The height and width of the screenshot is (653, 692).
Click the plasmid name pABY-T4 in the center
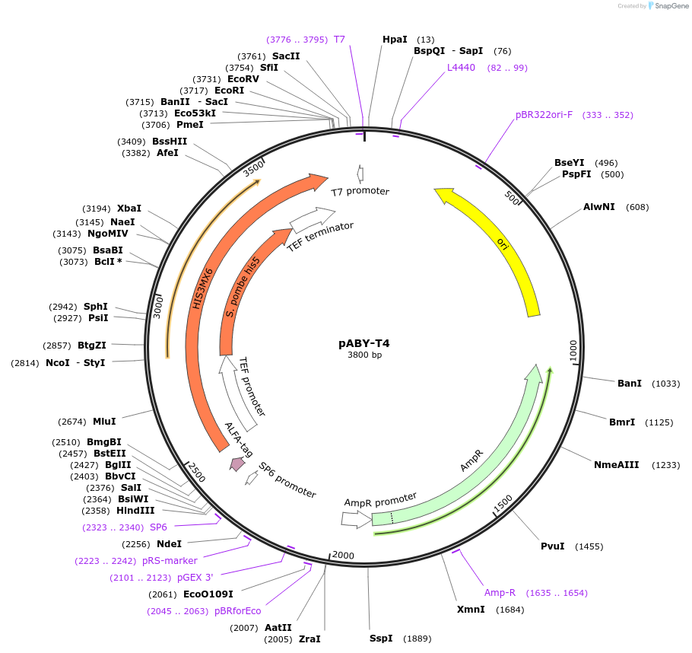tap(363, 343)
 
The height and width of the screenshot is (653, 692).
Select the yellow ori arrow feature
tap(503, 244)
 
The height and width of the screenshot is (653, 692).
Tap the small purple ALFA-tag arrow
tap(238, 463)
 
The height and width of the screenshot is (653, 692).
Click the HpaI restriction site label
tap(395, 39)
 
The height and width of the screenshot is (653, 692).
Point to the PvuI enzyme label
tap(552, 546)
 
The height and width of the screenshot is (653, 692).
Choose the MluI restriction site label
tap(104, 421)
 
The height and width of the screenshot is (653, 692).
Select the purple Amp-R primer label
tap(500, 592)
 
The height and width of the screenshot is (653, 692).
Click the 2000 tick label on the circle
tap(344, 555)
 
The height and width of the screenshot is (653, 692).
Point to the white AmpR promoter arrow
tap(351, 519)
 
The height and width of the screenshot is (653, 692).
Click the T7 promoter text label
tap(360, 191)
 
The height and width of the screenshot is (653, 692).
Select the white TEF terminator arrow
tap(312, 220)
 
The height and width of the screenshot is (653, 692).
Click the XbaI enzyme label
tap(129, 208)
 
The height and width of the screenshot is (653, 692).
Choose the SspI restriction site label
tap(381, 638)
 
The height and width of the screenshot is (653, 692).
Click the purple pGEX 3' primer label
tap(195, 577)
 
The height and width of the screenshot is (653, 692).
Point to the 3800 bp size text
tap(364, 355)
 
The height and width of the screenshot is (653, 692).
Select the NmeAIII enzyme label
tap(616, 464)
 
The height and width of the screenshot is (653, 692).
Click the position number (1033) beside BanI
tap(666, 383)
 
